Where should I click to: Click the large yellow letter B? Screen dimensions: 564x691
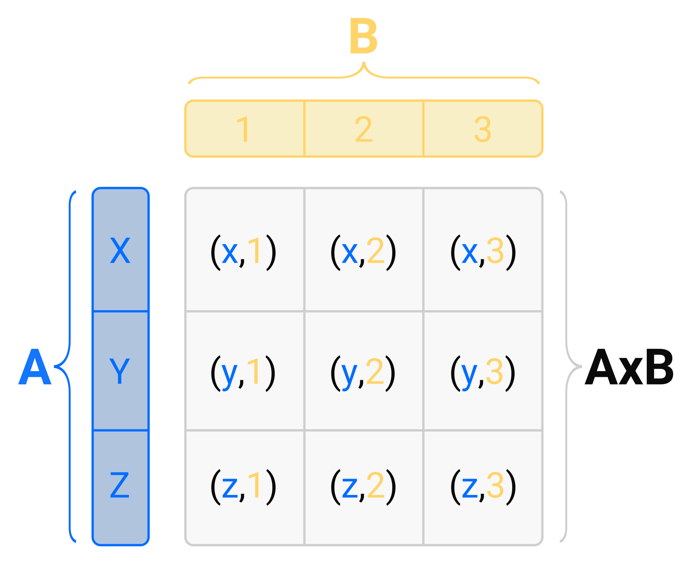(363, 36)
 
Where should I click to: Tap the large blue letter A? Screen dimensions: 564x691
(35, 367)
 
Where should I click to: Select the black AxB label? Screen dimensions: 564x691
(629, 367)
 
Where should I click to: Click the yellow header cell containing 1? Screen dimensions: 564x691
(244, 129)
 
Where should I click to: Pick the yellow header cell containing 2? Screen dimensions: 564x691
(363, 129)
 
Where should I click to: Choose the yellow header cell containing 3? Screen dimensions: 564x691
(483, 129)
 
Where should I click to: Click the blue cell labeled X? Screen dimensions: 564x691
(120, 250)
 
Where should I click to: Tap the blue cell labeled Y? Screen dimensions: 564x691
(120, 371)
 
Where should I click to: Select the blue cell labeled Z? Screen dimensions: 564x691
(120, 486)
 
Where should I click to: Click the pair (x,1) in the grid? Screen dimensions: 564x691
(243, 252)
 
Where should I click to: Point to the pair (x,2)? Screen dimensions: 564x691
(363, 252)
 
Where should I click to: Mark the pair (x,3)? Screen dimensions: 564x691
(483, 252)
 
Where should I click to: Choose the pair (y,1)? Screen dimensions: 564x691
(243, 373)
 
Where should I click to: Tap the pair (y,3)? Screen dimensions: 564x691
(483, 373)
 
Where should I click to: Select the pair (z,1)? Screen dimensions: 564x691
(243, 487)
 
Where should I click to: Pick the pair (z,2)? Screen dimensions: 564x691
(363, 487)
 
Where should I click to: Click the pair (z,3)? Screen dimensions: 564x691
(483, 487)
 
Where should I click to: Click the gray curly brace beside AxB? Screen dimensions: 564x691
(569, 367)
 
